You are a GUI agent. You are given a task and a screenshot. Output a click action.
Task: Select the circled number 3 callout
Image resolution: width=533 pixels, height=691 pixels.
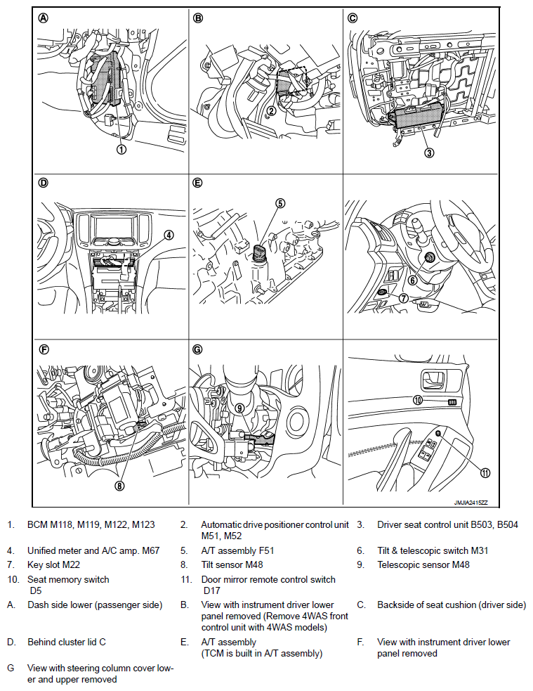pos(428,152)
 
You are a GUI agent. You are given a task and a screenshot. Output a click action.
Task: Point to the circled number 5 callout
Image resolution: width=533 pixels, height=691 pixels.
pos(279,203)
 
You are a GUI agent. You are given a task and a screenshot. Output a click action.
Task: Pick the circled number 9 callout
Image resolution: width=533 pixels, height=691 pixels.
pos(239,407)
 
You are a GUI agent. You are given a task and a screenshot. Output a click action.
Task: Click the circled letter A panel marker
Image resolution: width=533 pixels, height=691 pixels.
pos(44,19)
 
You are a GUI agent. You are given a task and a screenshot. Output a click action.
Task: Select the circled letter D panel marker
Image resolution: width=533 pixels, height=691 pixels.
pos(44,183)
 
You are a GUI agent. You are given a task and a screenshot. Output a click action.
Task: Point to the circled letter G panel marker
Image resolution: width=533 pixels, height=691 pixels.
pos(198,349)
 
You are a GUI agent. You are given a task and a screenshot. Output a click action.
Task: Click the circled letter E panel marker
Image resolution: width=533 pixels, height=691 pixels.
pos(198,183)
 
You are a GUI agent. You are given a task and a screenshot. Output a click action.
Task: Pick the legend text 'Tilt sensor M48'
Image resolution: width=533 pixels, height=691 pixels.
pos(234,564)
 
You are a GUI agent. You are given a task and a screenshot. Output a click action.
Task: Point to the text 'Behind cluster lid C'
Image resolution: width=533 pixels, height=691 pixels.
pos(67,642)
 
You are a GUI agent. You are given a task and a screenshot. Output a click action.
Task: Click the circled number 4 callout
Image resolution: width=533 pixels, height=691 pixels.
pos(169,235)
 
